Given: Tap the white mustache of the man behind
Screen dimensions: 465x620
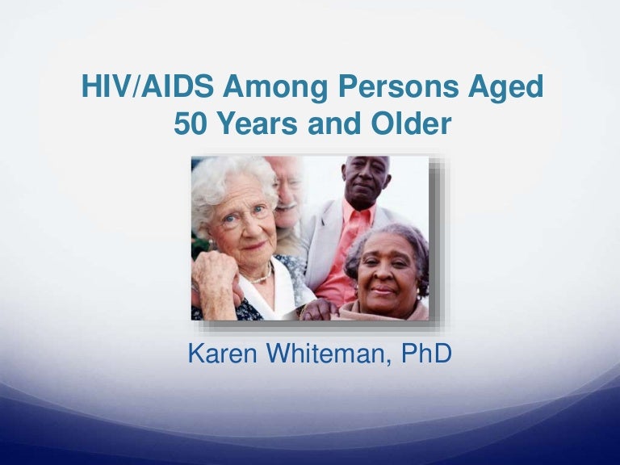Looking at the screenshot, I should (287, 206).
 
